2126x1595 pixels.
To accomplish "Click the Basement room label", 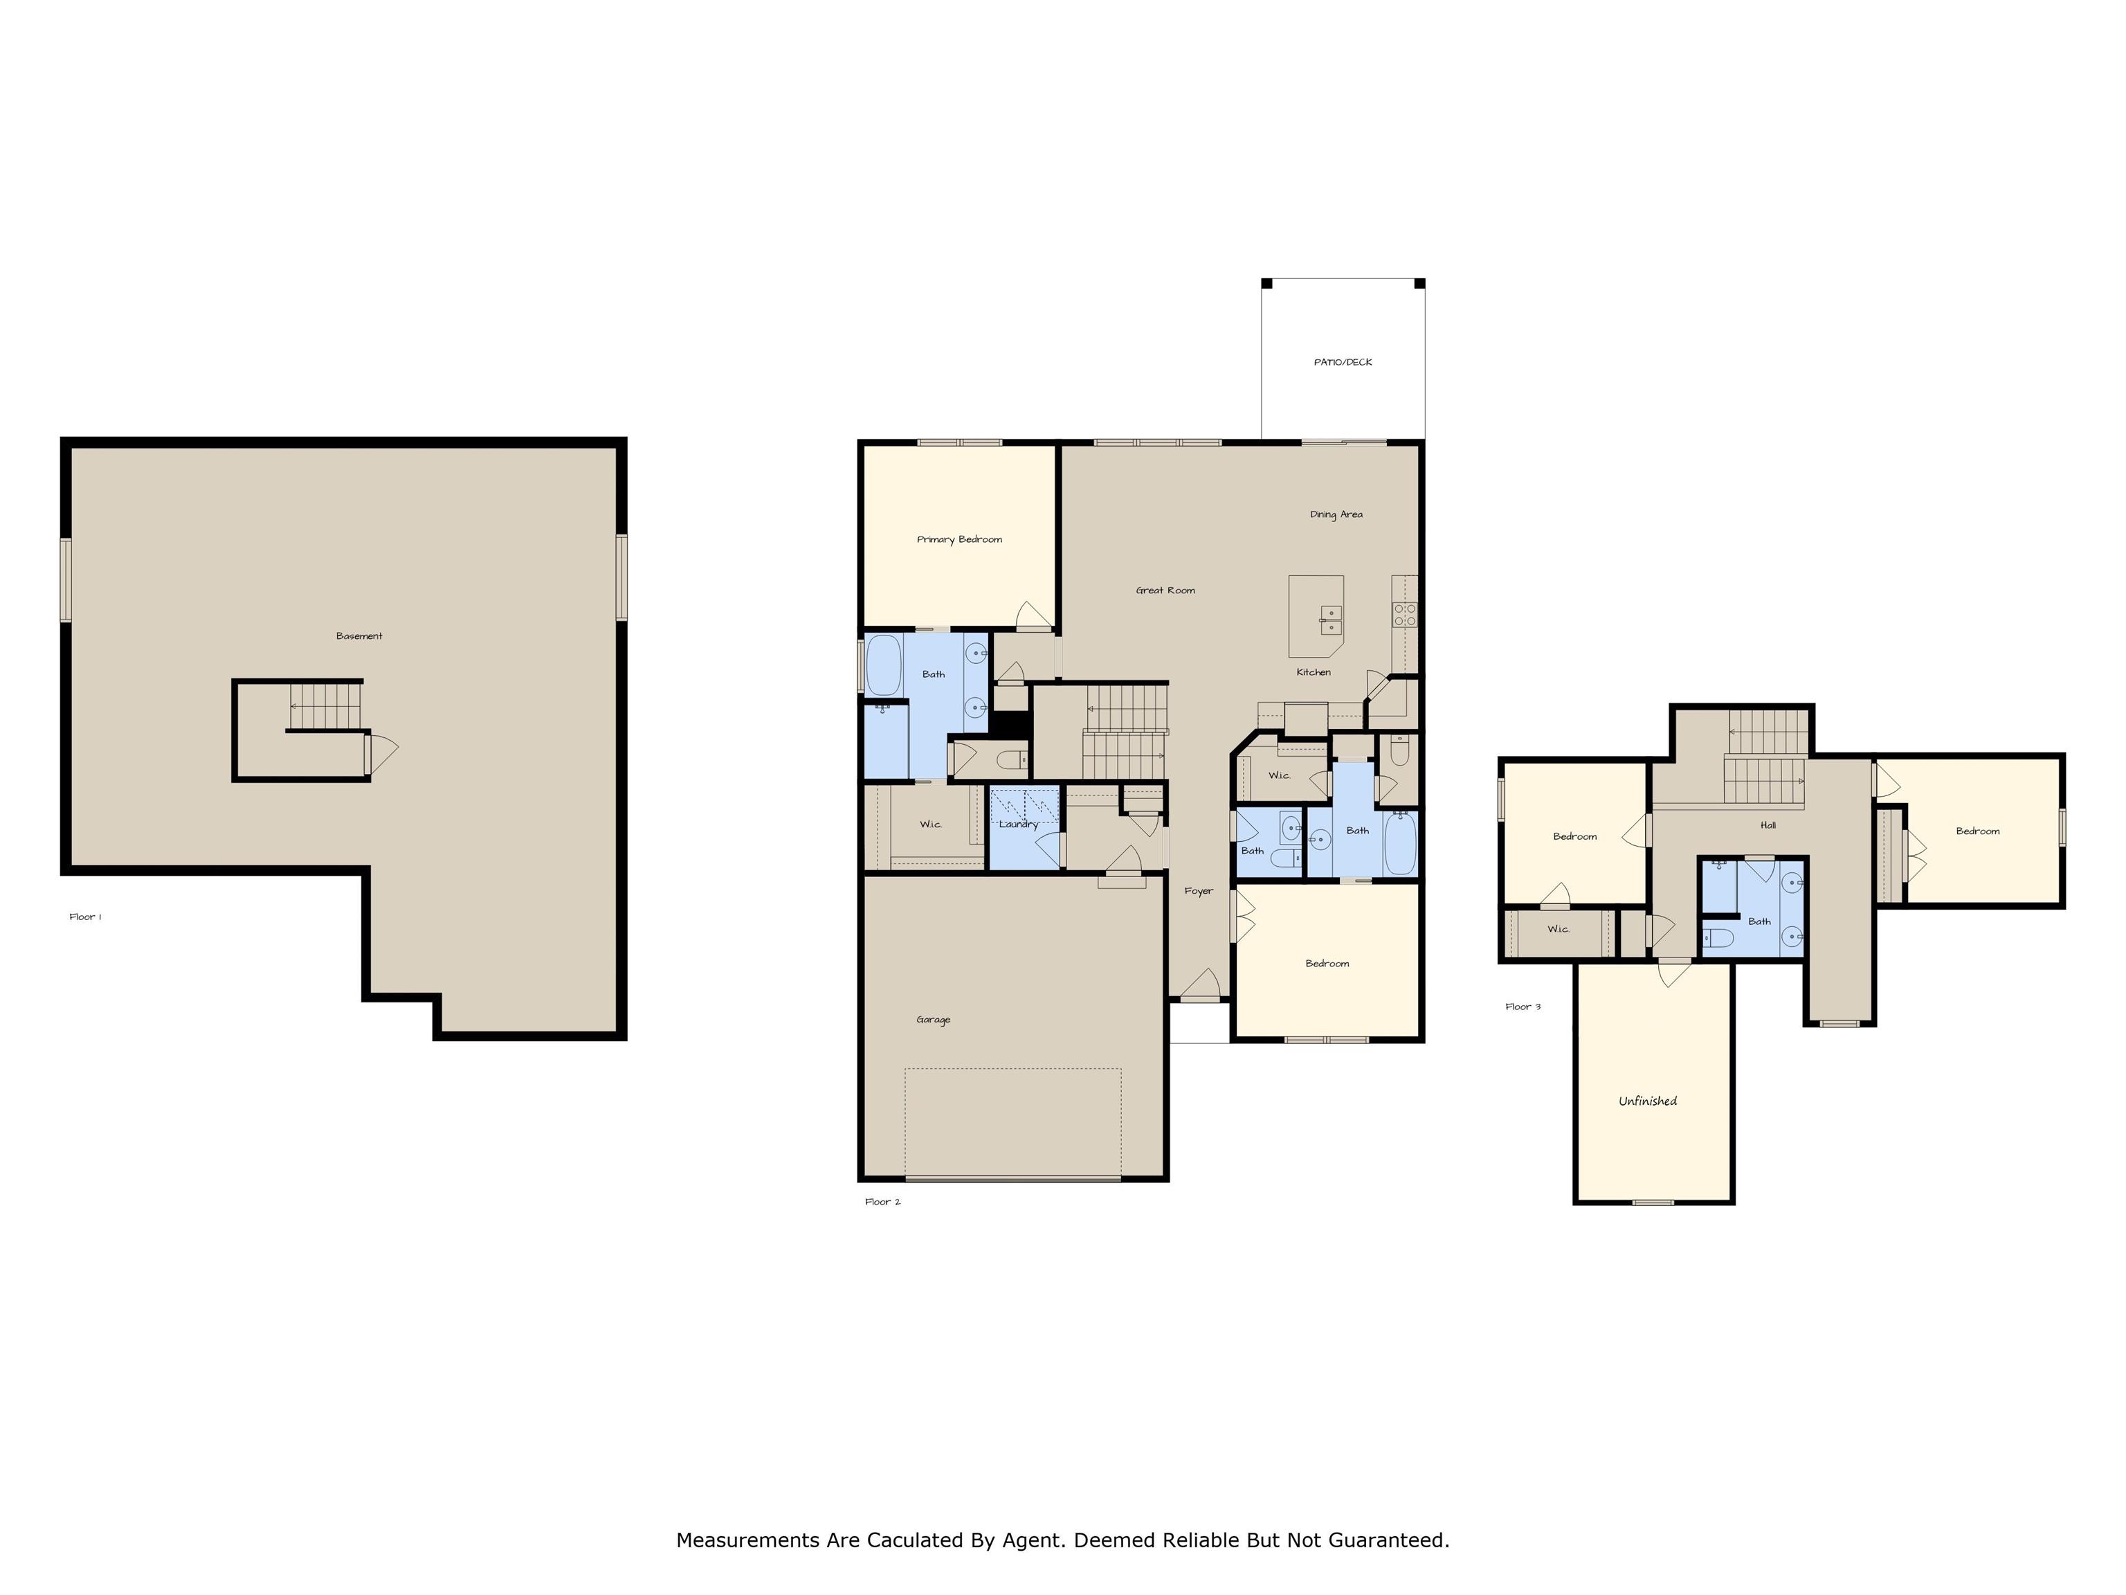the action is [x=359, y=636].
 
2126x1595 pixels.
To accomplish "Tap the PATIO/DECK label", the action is [x=1343, y=363].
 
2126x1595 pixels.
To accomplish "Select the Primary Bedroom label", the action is [x=959, y=539].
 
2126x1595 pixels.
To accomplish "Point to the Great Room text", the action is [x=1165, y=591].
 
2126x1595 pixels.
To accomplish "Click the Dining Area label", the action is [x=1336, y=514].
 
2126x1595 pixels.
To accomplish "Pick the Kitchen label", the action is [x=1313, y=672].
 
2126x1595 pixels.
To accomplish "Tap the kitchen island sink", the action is [x=1331, y=620].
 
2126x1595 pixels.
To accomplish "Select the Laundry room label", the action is [x=1019, y=824].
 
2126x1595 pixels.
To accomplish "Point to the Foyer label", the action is [x=1199, y=891].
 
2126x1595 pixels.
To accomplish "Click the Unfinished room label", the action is [x=1647, y=1101].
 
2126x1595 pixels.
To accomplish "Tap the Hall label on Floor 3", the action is [x=1768, y=825].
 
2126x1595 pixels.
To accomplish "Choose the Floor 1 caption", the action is [x=86, y=917].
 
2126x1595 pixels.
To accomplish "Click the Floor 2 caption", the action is [x=882, y=1202].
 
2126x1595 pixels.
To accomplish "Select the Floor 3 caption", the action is [x=1523, y=1007].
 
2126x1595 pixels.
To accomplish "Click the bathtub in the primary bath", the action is [x=883, y=665].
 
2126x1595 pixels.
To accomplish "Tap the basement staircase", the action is [x=326, y=705].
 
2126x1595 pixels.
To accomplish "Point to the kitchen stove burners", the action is [x=1405, y=614].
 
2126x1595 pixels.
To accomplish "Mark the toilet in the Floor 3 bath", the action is [x=1718, y=937].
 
